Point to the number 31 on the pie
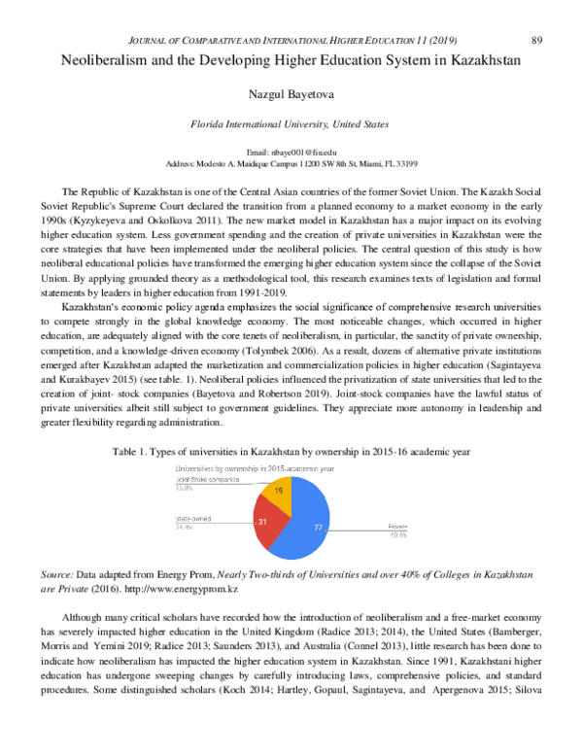[x=262, y=522]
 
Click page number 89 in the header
[x=537, y=12]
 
